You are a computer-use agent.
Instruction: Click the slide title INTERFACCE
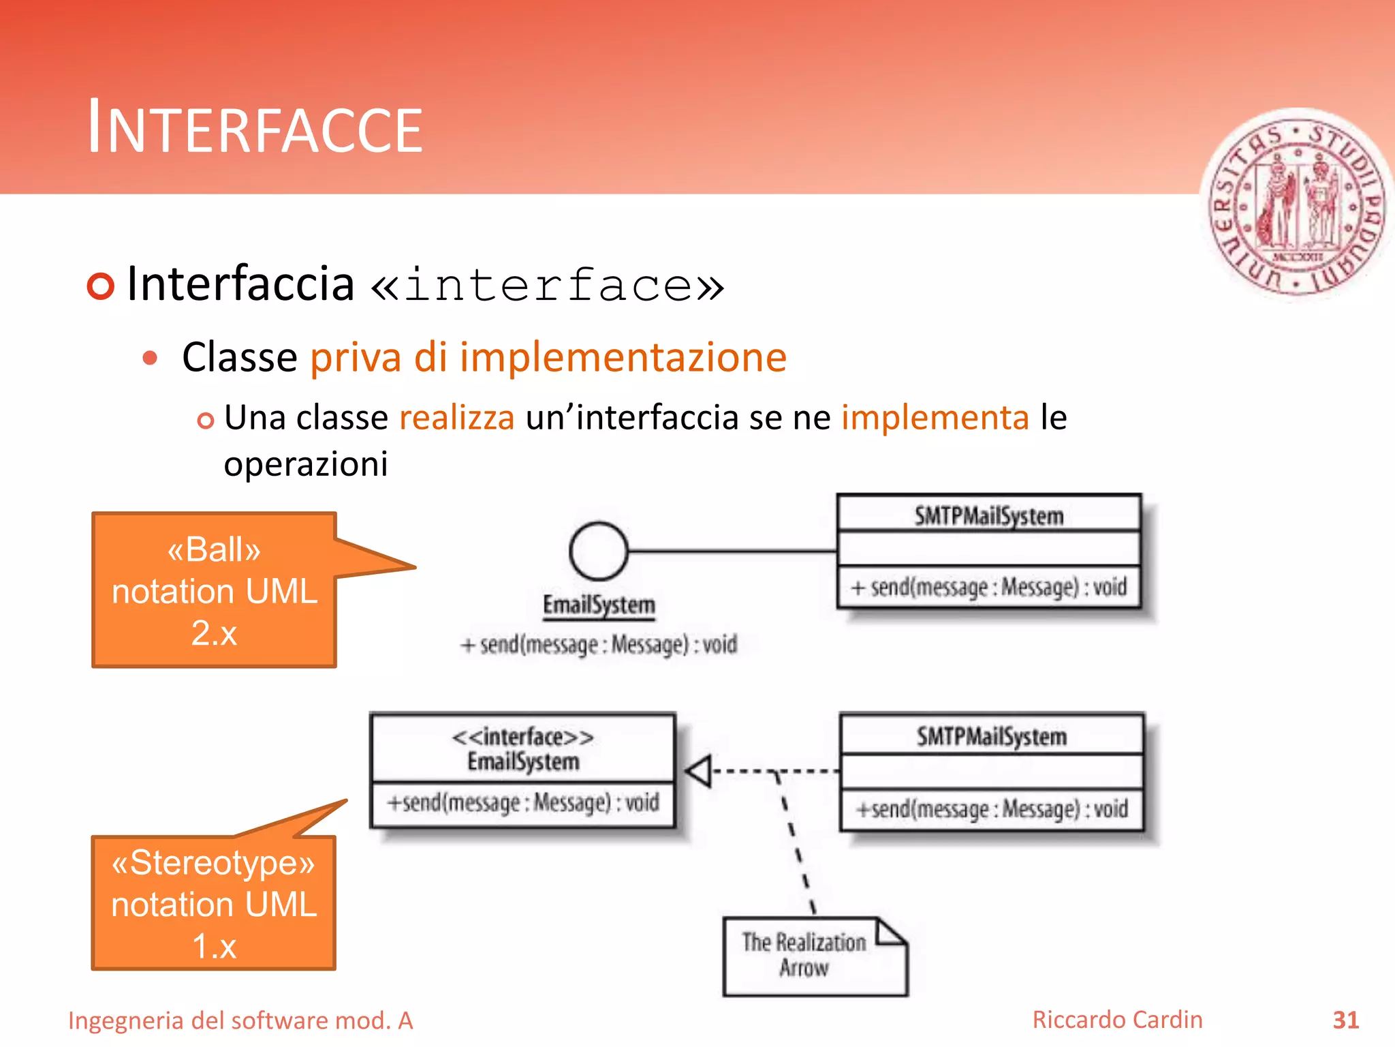(255, 128)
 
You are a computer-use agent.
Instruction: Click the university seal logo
(1298, 204)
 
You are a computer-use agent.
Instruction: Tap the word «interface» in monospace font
(548, 285)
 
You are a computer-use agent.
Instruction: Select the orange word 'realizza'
(456, 417)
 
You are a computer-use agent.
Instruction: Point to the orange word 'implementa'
(935, 417)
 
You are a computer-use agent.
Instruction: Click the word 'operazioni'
(306, 464)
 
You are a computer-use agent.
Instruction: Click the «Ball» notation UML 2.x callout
(215, 590)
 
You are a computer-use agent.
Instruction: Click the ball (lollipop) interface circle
(598, 551)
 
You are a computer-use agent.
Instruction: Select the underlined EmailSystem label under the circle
(599, 605)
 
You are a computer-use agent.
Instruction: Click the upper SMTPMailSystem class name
(989, 516)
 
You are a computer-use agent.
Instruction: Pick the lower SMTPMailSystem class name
(991, 736)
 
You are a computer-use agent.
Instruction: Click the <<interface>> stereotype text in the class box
(523, 737)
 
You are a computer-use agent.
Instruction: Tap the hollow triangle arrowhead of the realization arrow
(699, 772)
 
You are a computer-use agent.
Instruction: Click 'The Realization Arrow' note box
(815, 956)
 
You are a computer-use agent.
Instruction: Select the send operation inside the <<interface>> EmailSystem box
(523, 803)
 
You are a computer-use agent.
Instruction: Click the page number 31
(1345, 1020)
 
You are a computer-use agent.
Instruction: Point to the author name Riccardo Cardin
(1117, 1020)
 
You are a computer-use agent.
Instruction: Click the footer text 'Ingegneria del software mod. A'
(240, 1020)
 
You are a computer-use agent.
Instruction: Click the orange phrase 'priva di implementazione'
(548, 357)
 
